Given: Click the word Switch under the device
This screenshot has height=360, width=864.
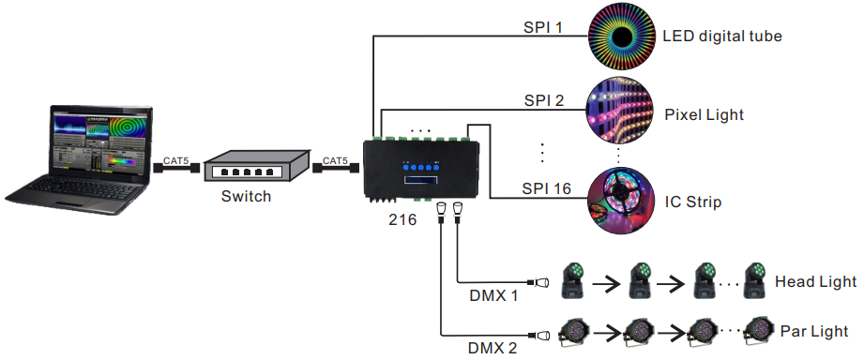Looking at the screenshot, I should [x=246, y=197].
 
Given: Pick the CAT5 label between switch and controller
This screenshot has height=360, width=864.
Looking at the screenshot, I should [x=335, y=161].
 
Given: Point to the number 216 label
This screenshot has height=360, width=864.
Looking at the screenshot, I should [x=402, y=223].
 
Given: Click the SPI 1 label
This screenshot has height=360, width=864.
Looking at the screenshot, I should [x=543, y=27].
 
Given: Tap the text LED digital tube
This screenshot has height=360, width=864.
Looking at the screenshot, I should [x=721, y=37].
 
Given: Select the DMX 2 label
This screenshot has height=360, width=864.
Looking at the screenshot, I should [x=493, y=348].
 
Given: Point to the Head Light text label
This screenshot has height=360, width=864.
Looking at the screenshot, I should [x=815, y=281].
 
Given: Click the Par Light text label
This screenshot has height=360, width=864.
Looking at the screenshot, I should [x=813, y=331].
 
